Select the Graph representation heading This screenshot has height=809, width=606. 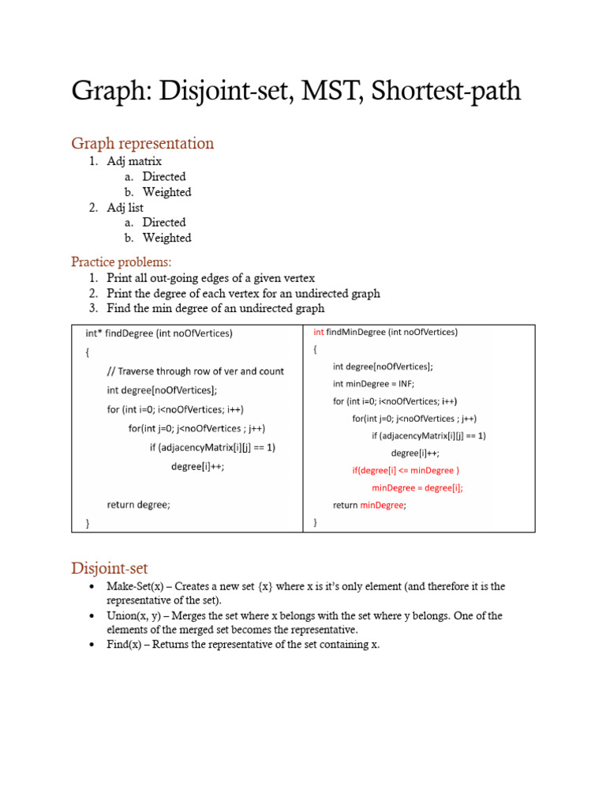click(142, 143)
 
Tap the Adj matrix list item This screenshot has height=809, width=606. click(134, 161)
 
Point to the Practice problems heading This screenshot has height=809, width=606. click(121, 262)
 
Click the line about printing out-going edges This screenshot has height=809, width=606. click(211, 278)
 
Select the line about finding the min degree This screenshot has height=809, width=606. click(215, 308)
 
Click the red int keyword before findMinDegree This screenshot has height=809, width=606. click(319, 333)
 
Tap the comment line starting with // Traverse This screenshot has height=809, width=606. click(196, 371)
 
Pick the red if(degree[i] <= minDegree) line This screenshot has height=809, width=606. click(406, 471)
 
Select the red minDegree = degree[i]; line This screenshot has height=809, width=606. click(417, 488)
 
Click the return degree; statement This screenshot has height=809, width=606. click(138, 504)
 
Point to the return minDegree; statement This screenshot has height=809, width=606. click(369, 506)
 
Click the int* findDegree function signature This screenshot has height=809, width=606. click(159, 333)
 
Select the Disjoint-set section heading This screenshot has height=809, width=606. click(110, 568)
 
